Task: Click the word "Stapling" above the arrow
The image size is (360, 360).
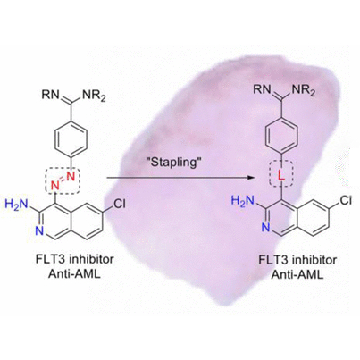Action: (174, 163)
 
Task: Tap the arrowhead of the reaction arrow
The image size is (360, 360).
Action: (253, 178)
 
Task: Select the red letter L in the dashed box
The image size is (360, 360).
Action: (281, 176)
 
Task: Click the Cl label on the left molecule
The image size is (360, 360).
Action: (120, 204)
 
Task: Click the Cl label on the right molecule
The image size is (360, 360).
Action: (346, 200)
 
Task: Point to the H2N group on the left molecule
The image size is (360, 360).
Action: (16, 205)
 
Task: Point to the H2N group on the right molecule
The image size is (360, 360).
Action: (243, 201)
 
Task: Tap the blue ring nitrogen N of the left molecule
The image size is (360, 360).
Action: (40, 231)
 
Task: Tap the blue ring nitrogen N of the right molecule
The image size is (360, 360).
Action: (266, 228)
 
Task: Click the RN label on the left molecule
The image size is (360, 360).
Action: (50, 95)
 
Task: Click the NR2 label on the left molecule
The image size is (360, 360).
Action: (94, 96)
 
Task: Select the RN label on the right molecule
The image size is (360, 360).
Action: (262, 89)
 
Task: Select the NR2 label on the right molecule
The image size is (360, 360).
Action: (306, 90)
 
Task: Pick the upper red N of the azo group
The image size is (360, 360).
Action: (71, 176)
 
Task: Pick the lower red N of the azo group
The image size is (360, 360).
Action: (55, 186)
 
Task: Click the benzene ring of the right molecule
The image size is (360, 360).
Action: (281, 133)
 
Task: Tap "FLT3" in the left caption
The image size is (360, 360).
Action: (50, 260)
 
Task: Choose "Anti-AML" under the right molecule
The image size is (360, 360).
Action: (297, 275)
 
